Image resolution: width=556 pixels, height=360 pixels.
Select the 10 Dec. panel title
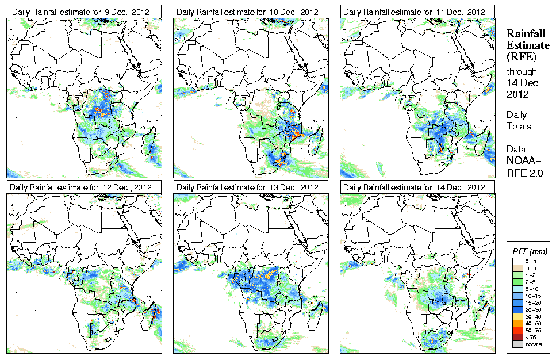[247, 12]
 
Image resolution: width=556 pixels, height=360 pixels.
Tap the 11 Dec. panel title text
[413, 12]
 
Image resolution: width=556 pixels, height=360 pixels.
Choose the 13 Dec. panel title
[247, 187]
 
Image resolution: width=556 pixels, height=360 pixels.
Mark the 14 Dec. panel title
[413, 187]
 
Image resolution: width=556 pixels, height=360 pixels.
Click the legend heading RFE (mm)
[530, 251]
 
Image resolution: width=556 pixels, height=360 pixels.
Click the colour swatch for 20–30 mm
[517, 309]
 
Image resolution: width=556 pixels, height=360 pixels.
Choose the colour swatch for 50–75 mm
[517, 330]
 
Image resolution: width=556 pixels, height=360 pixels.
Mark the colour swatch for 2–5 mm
[517, 281]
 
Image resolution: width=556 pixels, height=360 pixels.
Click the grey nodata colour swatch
[517, 343]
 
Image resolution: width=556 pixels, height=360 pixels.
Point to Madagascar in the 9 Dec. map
[152, 147]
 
